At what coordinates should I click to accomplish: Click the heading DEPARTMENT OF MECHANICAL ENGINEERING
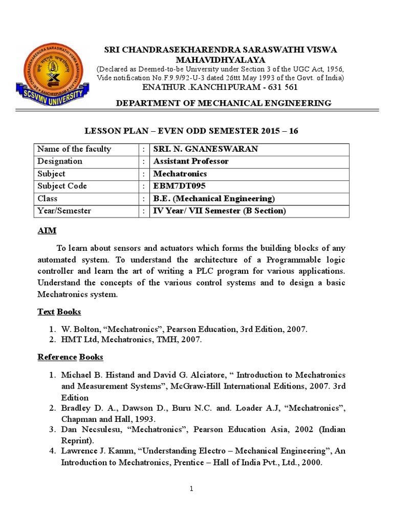[224, 103]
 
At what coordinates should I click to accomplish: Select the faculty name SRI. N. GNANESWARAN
[206, 149]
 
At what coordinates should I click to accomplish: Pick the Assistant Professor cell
[191, 161]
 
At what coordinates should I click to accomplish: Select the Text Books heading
[59, 312]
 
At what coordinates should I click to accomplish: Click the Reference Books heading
[70, 356]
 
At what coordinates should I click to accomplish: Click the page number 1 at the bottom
[191, 489]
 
